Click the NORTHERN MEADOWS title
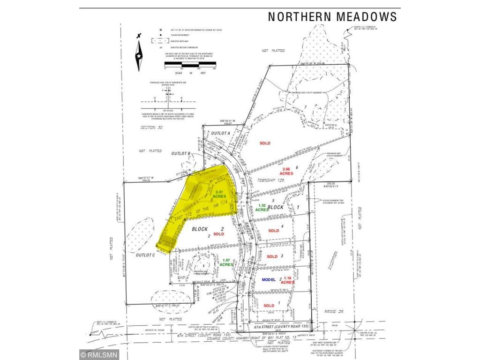click(332, 17)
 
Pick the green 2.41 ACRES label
click(220, 195)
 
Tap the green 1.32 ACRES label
click(262, 207)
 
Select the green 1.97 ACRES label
click(226, 263)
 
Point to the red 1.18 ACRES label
click(287, 280)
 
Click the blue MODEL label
click(270, 279)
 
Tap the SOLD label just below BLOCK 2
click(219, 233)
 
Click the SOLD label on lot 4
click(273, 231)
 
